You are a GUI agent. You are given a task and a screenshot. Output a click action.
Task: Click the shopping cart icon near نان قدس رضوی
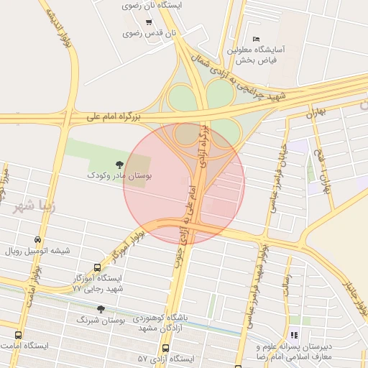[x=148, y=22]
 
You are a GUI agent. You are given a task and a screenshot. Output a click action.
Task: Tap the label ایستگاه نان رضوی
[x=154, y=5]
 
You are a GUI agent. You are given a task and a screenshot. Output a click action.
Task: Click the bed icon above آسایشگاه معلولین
[x=257, y=39]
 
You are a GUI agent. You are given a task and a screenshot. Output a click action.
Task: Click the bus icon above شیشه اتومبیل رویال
[x=37, y=240]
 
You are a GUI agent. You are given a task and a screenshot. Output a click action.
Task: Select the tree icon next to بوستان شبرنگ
[x=100, y=308]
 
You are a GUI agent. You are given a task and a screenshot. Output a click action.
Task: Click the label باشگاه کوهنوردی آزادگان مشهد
[x=152, y=323]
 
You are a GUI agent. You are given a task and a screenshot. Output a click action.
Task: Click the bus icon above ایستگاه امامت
[x=18, y=335]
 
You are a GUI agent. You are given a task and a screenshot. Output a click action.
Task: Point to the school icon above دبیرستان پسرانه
[x=293, y=334]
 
